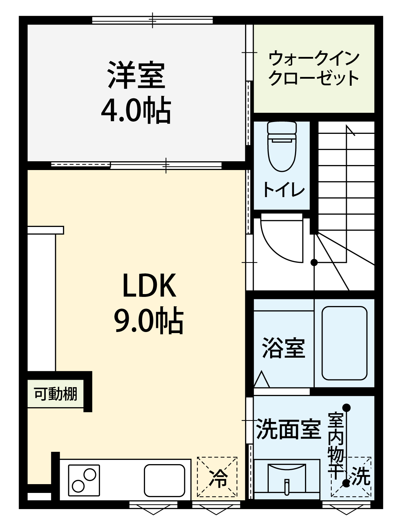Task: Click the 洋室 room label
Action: pyautogui.click(x=136, y=75)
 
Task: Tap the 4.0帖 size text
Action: pyautogui.click(x=136, y=110)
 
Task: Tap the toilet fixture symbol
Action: pyautogui.click(x=282, y=146)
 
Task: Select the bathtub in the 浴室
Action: pyautogui.click(x=344, y=343)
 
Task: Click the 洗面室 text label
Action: pyautogui.click(x=288, y=429)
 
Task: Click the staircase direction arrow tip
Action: pyautogui.click(x=346, y=125)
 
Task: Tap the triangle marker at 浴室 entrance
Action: pyautogui.click(x=261, y=379)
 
